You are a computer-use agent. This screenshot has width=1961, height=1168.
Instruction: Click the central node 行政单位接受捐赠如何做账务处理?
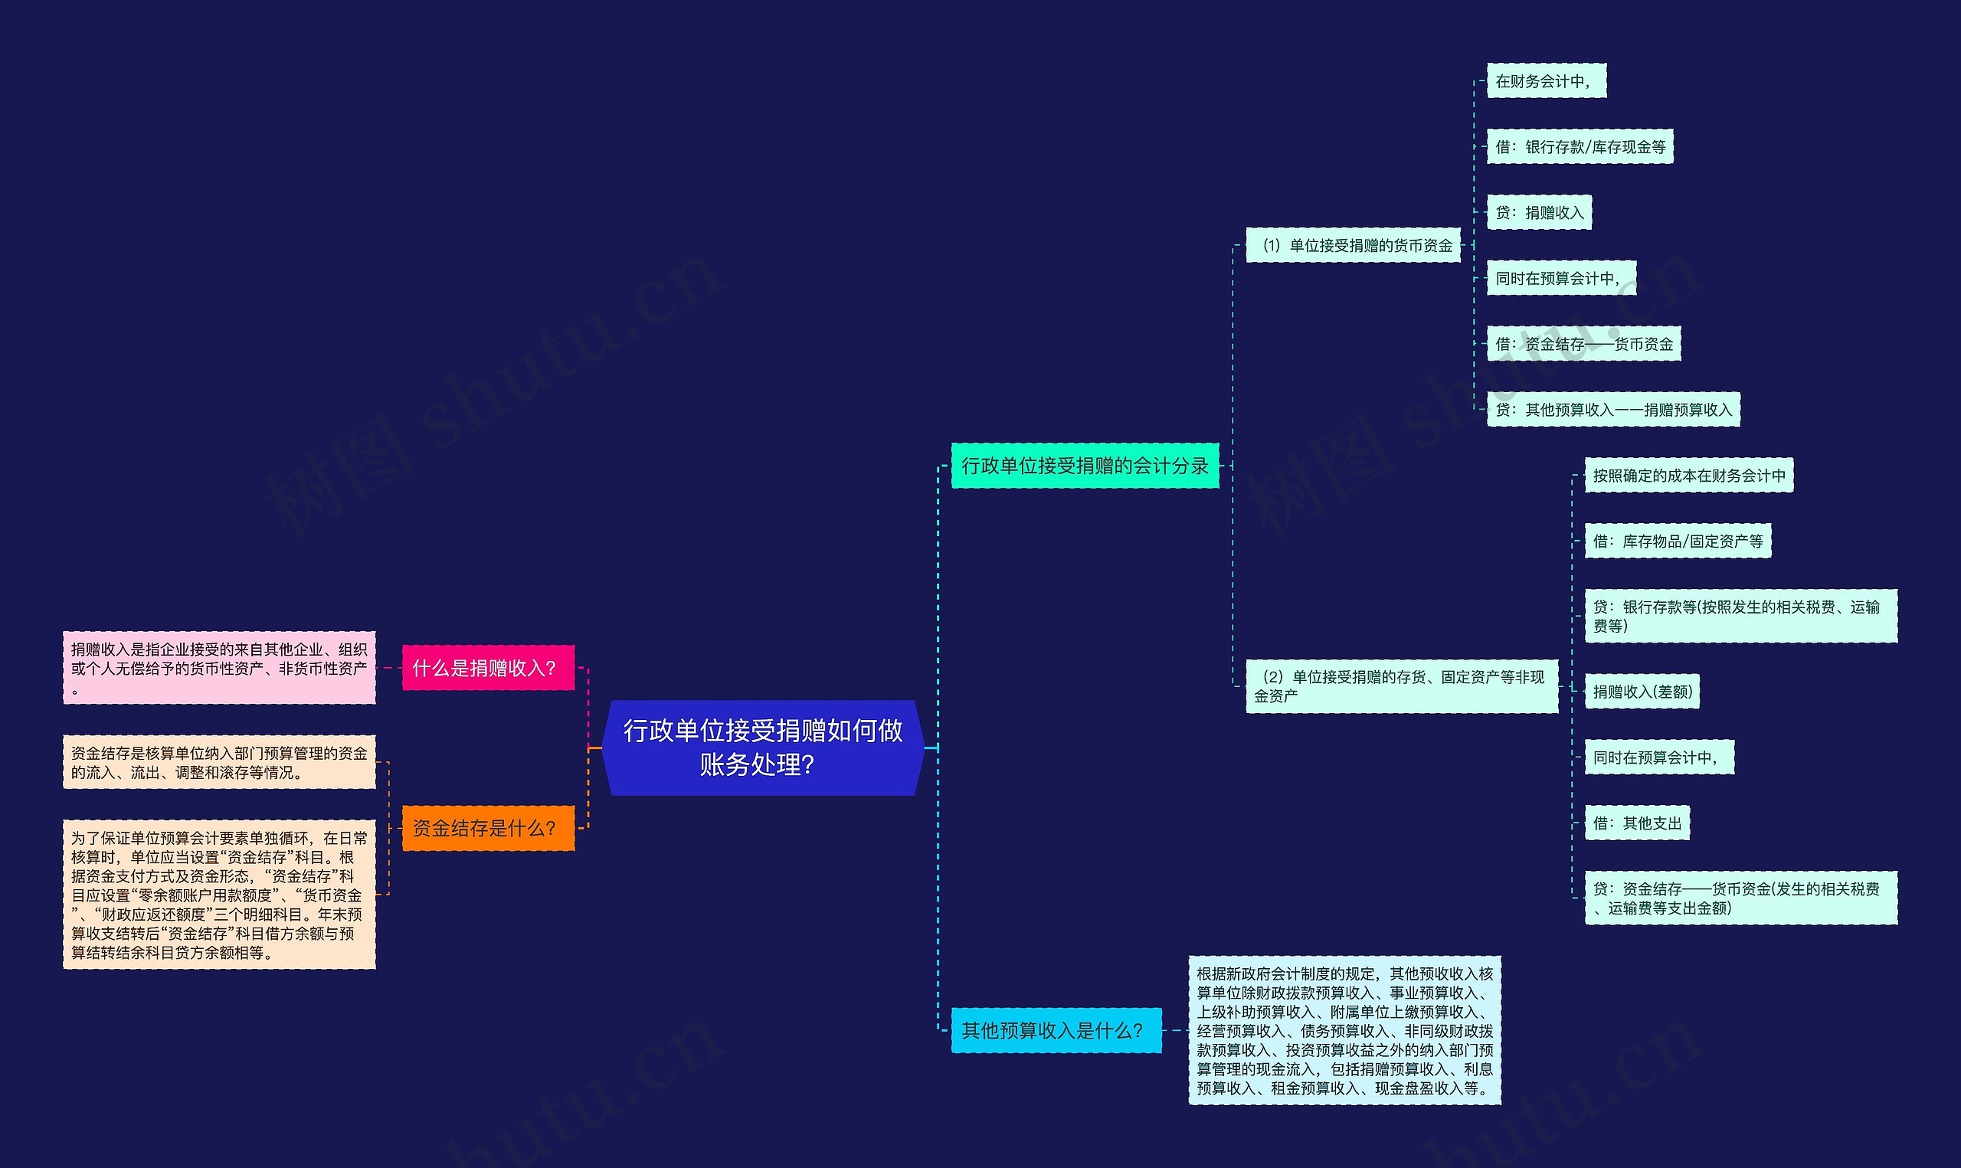pyautogui.click(x=761, y=748)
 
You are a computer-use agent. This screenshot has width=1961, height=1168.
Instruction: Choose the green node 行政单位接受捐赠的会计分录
pyautogui.click(x=1085, y=466)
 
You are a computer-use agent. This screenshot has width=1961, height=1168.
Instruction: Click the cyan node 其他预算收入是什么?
pyautogui.click(x=1056, y=1030)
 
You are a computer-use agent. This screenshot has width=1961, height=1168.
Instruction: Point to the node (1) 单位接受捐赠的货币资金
pyautogui.click(x=1353, y=246)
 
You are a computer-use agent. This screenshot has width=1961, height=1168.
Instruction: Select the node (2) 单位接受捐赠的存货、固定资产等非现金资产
pyautogui.click(x=1401, y=686)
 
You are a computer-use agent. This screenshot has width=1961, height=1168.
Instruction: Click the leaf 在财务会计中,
pyautogui.click(x=1546, y=81)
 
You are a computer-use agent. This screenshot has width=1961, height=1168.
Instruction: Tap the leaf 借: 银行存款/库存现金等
pyautogui.click(x=1580, y=147)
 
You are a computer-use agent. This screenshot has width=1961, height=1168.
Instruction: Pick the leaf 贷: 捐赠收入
pyautogui.click(x=1538, y=212)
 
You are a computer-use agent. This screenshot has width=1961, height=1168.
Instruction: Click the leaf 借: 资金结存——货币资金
pyautogui.click(x=1583, y=344)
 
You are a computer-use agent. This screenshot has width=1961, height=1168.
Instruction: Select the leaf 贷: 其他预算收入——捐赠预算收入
pyautogui.click(x=1612, y=410)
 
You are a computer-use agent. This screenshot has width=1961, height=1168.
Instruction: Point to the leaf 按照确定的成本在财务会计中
pyautogui.click(x=1688, y=476)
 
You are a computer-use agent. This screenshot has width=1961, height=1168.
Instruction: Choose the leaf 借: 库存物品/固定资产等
pyautogui.click(x=1677, y=541)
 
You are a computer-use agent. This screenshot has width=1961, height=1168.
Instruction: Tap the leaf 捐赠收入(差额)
pyautogui.click(x=1642, y=692)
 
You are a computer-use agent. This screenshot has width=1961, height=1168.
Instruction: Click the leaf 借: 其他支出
pyautogui.click(x=1636, y=823)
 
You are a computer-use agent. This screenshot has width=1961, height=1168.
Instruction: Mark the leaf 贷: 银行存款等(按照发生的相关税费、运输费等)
pyautogui.click(x=1740, y=617)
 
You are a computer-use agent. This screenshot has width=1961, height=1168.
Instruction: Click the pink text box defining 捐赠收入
pyautogui.click(x=219, y=667)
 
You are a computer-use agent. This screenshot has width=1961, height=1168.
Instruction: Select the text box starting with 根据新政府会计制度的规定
pyautogui.click(x=1344, y=1030)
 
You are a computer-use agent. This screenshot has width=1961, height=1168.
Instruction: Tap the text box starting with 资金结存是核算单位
pyautogui.click(x=219, y=762)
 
